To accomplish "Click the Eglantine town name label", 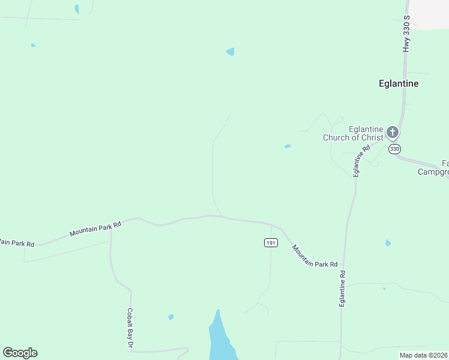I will (399, 84).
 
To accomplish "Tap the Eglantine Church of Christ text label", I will (353, 133).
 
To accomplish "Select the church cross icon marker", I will (393, 132).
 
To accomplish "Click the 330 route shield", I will (394, 149).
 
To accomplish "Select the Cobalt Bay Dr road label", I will (129, 328).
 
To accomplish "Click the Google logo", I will (20, 353).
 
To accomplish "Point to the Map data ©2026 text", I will (424, 355).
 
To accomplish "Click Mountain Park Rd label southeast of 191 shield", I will (315, 256).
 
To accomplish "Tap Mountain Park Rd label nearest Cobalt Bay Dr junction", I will (95, 228).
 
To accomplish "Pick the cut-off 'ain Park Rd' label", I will (17, 243).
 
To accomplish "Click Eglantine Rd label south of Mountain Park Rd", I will (342, 289).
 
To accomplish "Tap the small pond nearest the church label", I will (288, 146).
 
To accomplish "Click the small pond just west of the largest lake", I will (171, 317).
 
